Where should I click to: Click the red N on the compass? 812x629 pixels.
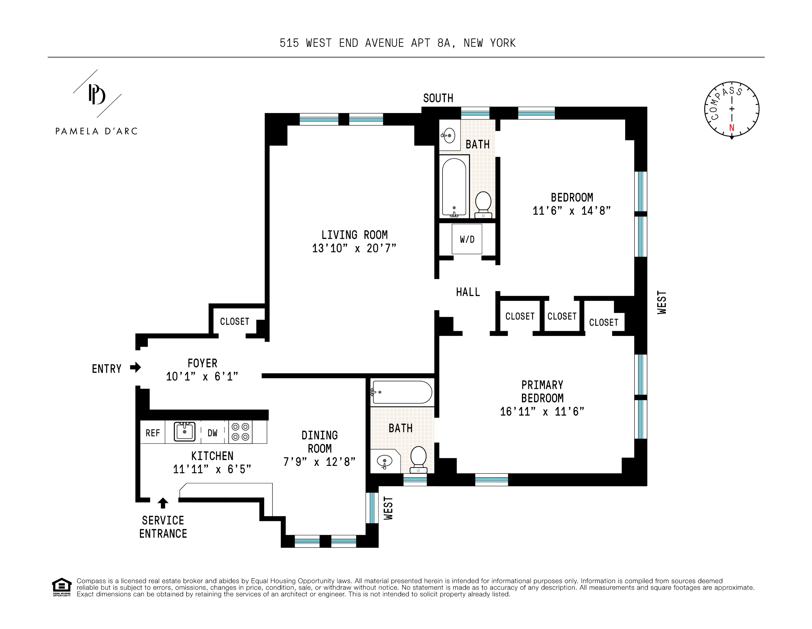(x=731, y=128)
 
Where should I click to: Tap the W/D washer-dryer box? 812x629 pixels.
(x=467, y=239)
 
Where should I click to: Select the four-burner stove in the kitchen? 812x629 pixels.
(x=240, y=432)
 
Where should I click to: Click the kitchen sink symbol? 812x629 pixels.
(x=184, y=432)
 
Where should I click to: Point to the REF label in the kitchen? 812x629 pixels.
(x=152, y=433)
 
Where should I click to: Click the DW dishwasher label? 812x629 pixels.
(x=212, y=433)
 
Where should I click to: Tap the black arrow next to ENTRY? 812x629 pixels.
(x=135, y=368)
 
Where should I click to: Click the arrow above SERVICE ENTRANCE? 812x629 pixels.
(x=163, y=503)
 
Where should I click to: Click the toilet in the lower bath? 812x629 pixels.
(x=418, y=459)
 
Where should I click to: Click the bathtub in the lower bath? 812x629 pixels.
(x=402, y=392)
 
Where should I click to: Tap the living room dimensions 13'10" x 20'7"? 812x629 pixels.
(x=354, y=248)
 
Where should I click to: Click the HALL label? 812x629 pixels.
(x=468, y=292)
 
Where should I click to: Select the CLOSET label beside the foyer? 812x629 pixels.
(x=234, y=321)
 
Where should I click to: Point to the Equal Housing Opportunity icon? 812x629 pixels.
(x=61, y=587)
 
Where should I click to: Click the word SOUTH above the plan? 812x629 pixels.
(x=438, y=98)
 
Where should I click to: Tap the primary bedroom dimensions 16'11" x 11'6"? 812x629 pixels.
(x=542, y=412)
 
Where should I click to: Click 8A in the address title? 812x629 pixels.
(x=444, y=43)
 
